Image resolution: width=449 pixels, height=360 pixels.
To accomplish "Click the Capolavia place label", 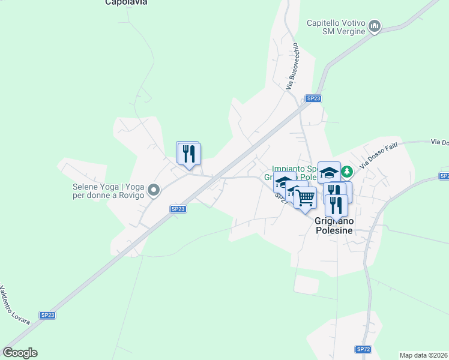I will [126, 2].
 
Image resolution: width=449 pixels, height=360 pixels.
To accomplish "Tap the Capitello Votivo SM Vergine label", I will [336, 27].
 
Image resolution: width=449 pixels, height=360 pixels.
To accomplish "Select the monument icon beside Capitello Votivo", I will [375, 26].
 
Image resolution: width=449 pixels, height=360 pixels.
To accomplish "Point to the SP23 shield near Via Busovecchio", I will [313, 98].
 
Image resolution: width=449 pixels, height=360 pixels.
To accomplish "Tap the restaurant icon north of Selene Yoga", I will [190, 154].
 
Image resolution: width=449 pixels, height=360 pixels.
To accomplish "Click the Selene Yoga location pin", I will [154, 191].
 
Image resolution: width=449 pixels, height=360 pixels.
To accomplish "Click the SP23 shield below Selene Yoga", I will [178, 209].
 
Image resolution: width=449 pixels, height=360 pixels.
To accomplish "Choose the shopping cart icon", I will [306, 197].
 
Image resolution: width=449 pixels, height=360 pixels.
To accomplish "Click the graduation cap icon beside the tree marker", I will [328, 173].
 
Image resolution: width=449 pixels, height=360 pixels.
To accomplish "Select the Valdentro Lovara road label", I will [15, 305].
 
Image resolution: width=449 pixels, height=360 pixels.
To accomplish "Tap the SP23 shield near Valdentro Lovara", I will [47, 315].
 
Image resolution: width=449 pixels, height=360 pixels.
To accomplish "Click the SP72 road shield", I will [363, 349].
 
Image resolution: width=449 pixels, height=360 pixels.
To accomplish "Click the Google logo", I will [20, 353].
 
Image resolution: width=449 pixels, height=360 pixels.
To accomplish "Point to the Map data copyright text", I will [423, 355].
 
